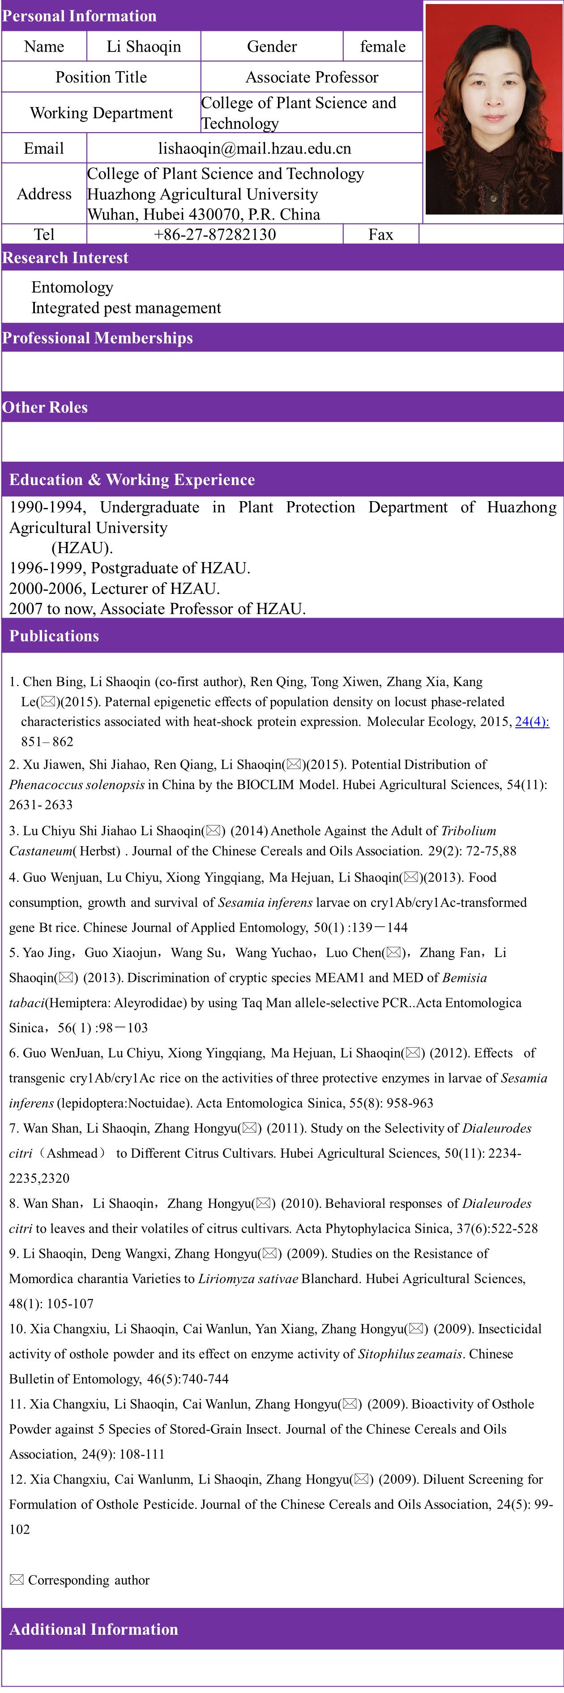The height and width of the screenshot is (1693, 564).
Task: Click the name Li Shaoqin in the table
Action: (144, 47)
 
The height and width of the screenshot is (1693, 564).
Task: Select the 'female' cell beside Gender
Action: (383, 47)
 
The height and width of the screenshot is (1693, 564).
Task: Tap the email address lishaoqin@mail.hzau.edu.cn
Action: (255, 149)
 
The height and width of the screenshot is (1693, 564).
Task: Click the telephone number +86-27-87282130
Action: (215, 235)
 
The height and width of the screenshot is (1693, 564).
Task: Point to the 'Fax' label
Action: (381, 235)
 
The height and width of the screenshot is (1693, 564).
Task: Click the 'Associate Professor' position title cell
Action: (312, 77)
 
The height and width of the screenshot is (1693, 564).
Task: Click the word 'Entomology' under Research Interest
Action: (72, 288)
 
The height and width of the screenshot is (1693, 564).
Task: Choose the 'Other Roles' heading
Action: (45, 408)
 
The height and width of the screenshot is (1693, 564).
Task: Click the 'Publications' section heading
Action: (54, 636)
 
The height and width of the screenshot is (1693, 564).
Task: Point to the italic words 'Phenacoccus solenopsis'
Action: (76, 785)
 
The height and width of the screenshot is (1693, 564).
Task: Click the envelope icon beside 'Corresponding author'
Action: (17, 1580)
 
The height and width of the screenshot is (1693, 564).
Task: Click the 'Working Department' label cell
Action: (101, 113)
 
